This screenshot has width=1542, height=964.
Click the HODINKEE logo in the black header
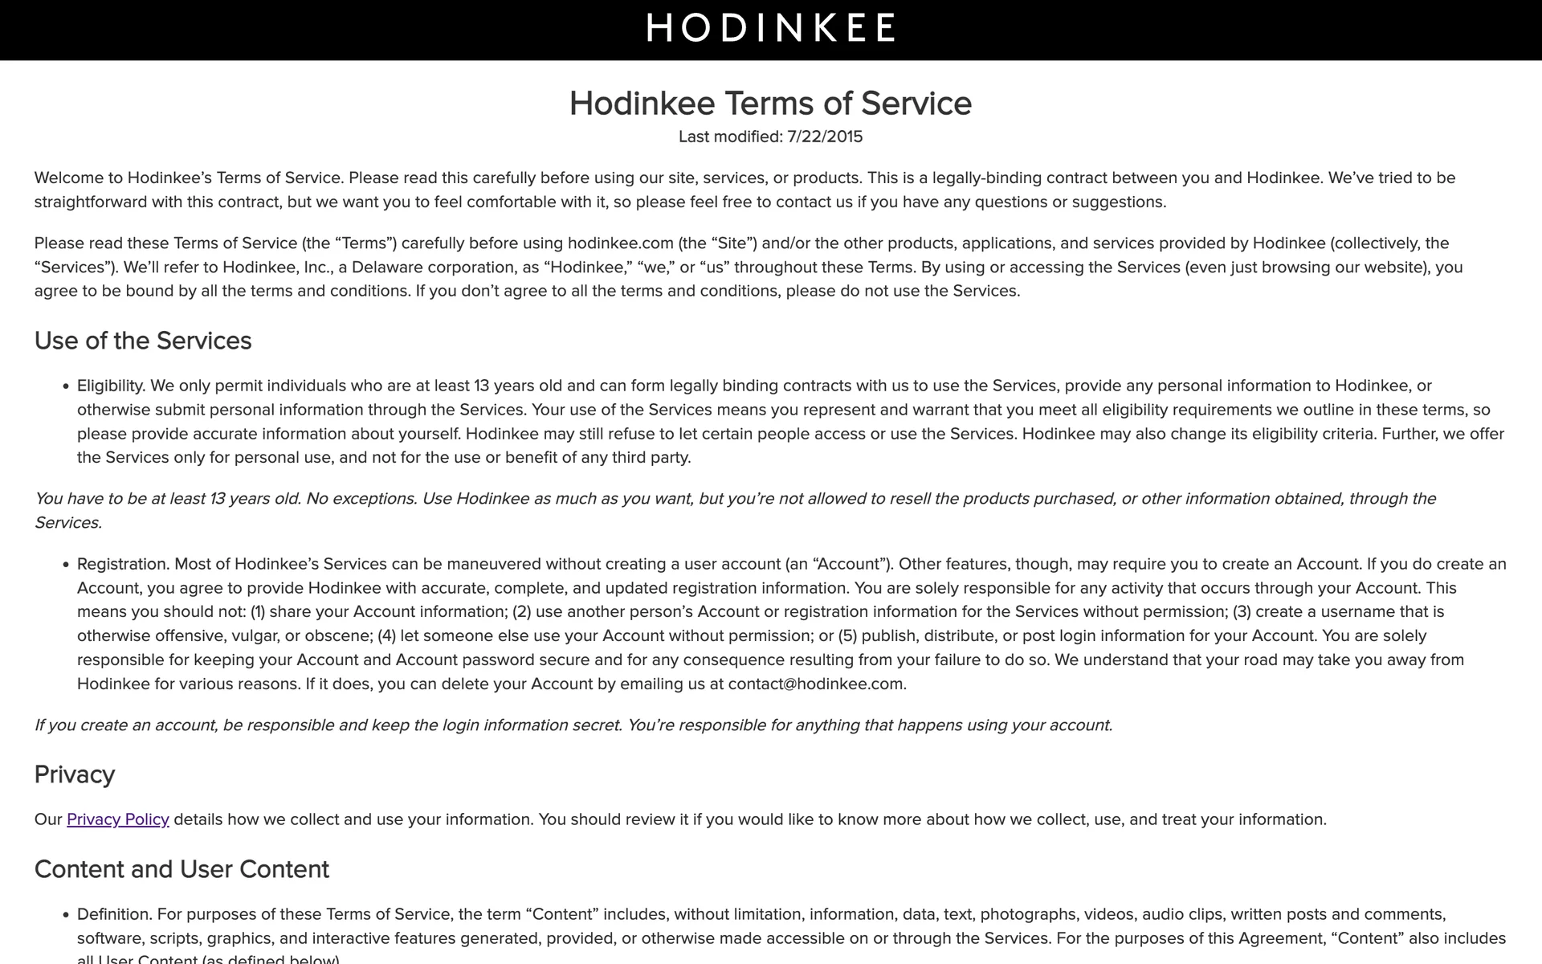pyautogui.click(x=770, y=28)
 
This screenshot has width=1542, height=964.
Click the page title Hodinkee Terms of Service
pyautogui.click(x=770, y=104)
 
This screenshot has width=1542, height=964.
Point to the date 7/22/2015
pyautogui.click(x=825, y=137)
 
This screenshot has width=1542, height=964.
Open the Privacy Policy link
pyautogui.click(x=117, y=819)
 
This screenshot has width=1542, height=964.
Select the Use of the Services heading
pyautogui.click(x=143, y=341)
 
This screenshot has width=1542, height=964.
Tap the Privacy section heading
pyautogui.click(x=75, y=774)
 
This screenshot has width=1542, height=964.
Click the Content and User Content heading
pyautogui.click(x=182, y=869)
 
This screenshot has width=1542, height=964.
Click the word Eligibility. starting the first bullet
pyautogui.click(x=111, y=386)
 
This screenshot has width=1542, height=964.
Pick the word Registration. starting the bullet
pyautogui.click(x=123, y=564)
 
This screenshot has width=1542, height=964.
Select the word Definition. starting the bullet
pyautogui.click(x=114, y=914)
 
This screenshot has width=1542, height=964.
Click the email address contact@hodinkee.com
pyautogui.click(x=816, y=684)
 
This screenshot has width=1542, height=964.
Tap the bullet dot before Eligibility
pyautogui.click(x=66, y=386)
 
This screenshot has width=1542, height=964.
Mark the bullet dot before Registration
pyautogui.click(x=66, y=565)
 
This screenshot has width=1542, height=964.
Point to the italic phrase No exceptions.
pyautogui.click(x=361, y=499)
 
